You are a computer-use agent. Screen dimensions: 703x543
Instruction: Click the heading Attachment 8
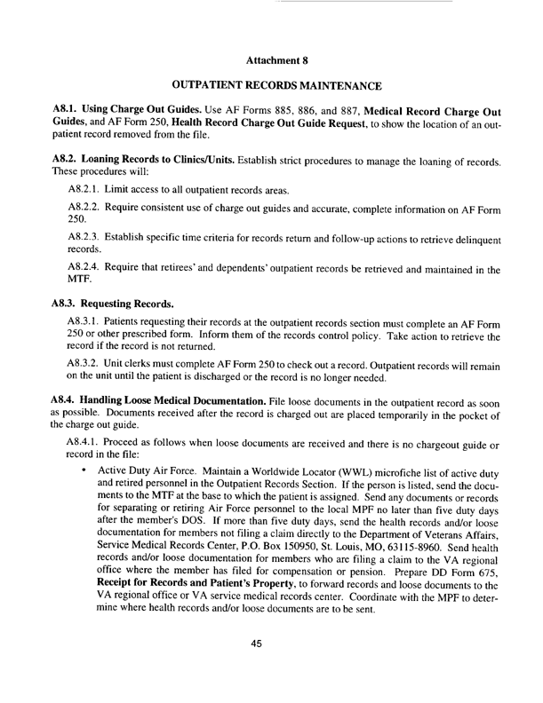point(275,62)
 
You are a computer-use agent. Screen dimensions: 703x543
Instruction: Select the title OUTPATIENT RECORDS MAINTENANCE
point(275,87)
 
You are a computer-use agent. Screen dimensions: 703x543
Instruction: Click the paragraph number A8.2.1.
point(87,191)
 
